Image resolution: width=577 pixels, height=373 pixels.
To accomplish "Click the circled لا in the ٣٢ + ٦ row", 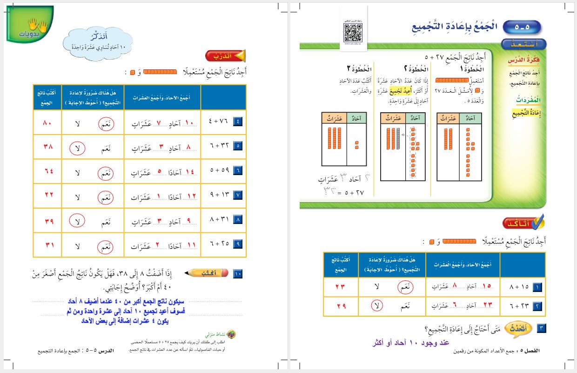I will pyautogui.click(x=77, y=148).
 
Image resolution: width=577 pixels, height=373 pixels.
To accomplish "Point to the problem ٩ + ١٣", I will pyautogui.click(x=217, y=196).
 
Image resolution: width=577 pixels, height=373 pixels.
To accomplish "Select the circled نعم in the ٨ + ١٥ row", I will pyautogui.click(x=406, y=288).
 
